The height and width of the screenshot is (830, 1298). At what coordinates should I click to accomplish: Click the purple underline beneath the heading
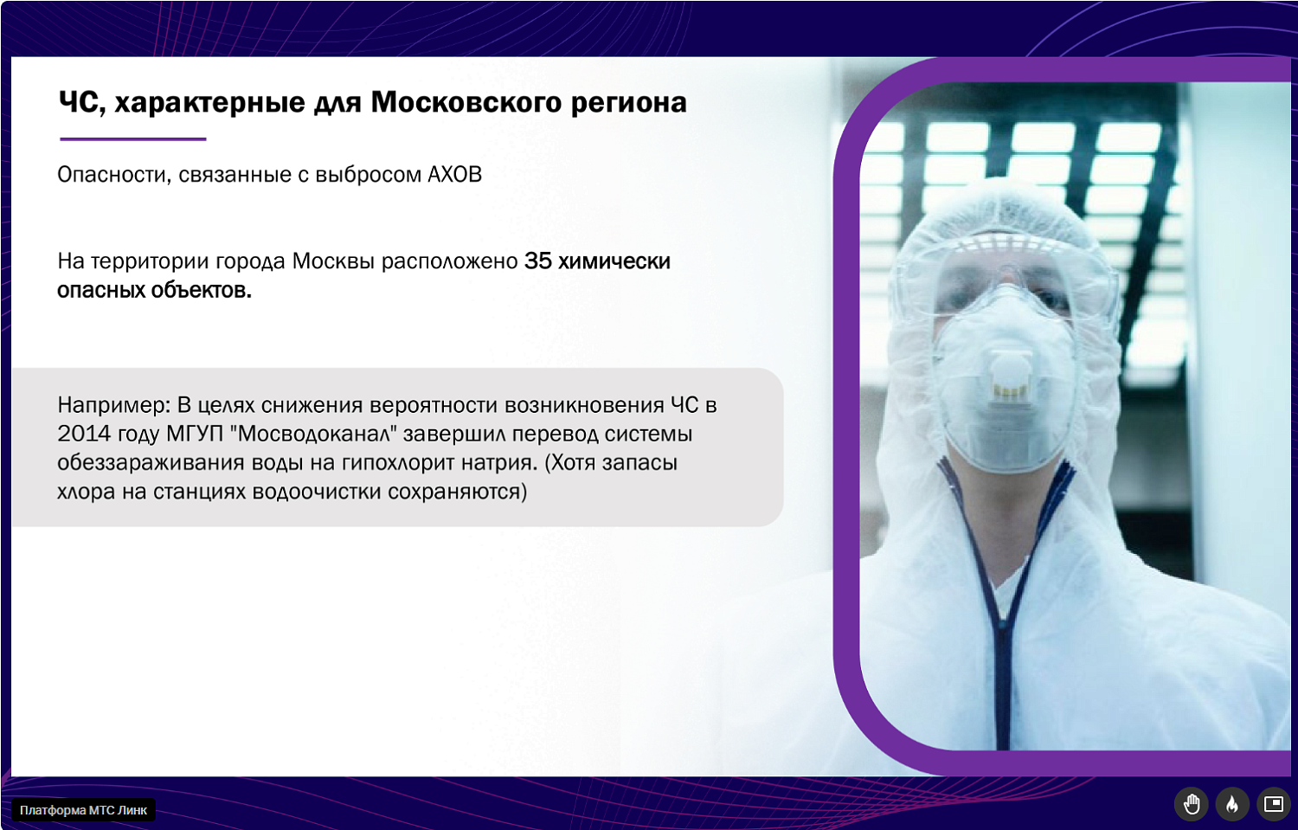point(132,138)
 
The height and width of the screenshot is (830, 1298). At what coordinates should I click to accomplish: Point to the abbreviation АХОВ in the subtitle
point(454,174)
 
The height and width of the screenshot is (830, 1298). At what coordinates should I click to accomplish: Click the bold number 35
point(537,261)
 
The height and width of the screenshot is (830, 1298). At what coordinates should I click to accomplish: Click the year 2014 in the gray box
point(80,434)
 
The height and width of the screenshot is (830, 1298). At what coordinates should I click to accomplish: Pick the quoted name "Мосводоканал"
point(313,434)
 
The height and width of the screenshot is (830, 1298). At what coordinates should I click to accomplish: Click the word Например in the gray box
point(113,405)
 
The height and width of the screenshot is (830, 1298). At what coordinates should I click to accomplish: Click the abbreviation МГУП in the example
point(194,434)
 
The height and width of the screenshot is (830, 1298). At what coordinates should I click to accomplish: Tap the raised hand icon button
point(1192,804)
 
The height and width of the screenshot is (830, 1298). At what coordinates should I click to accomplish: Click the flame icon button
point(1232,804)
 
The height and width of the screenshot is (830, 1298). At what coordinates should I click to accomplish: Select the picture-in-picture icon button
point(1273,804)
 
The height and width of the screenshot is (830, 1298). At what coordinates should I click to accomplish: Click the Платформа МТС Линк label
point(84,810)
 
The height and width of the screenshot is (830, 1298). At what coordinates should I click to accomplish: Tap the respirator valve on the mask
point(1009,377)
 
